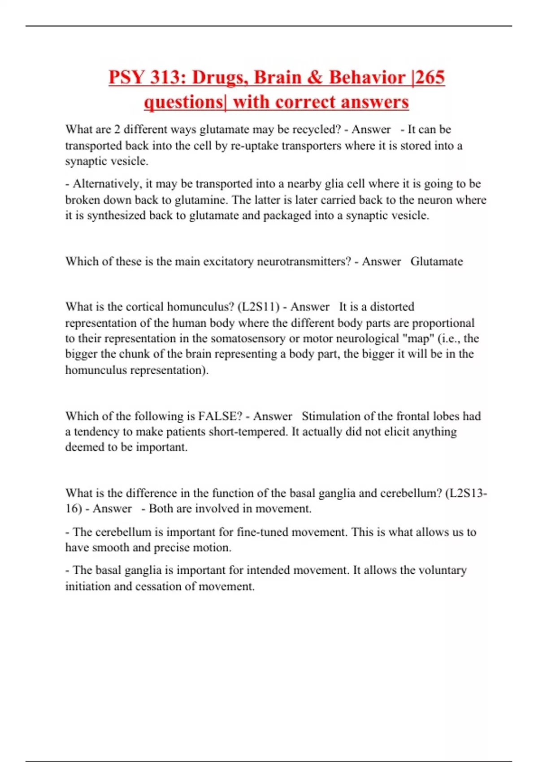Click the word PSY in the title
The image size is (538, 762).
point(127,78)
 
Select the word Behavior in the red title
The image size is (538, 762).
point(367,78)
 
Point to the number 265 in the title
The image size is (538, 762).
point(430,78)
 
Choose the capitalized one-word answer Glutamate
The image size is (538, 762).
point(436,261)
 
